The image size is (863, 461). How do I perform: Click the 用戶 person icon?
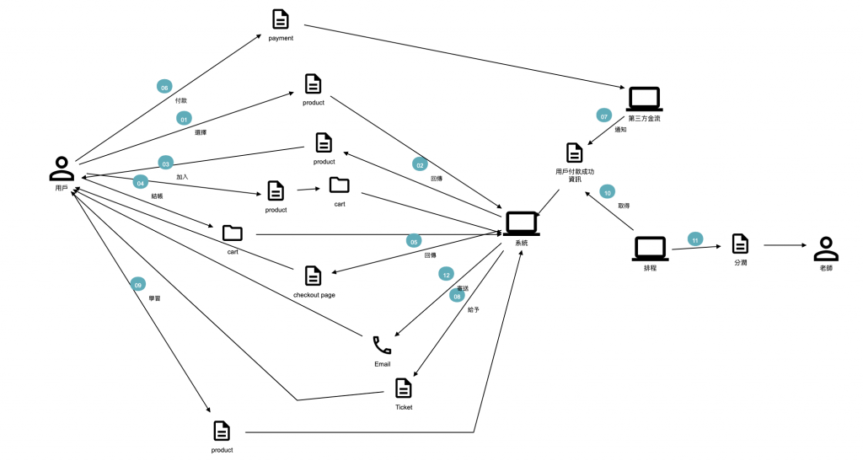[62, 169]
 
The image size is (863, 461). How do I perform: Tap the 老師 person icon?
[826, 249]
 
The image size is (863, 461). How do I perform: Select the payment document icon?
[280, 19]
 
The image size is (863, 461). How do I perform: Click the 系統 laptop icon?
[522, 223]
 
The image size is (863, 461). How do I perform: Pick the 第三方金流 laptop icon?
[645, 100]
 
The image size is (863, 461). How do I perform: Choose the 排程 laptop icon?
[650, 249]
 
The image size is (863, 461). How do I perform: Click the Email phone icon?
[382, 345]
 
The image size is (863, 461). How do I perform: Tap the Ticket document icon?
[404, 388]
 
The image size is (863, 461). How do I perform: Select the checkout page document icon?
[313, 275]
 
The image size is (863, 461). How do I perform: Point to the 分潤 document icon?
[740, 244]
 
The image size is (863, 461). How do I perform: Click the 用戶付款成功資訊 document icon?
[574, 153]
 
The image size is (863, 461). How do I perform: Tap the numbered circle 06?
[164, 86]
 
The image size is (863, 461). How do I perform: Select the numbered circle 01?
[183, 119]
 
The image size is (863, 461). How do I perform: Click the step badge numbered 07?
[603, 115]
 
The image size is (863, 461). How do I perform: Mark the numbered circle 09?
[137, 285]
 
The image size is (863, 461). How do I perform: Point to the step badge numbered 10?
[608, 192]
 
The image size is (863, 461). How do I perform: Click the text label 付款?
[181, 100]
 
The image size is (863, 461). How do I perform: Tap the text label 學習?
[154, 298]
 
